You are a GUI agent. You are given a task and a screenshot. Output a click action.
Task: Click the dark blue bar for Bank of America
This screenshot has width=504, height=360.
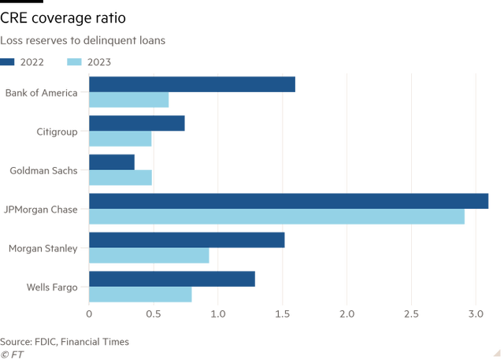coord(192,84)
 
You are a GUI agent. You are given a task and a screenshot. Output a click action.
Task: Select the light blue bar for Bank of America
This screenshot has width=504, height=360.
coord(129,100)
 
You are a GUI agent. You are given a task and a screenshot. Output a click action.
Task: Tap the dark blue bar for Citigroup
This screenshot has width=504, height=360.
coord(137,123)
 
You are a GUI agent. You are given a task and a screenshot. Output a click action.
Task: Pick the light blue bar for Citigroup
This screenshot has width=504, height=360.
coord(120,139)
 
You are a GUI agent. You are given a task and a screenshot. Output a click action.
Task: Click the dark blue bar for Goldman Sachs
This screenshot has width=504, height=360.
coord(112,161)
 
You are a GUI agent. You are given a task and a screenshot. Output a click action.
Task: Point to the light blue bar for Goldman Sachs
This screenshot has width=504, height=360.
coord(120,178)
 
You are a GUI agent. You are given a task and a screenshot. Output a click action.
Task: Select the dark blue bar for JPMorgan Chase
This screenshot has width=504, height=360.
coord(289,201)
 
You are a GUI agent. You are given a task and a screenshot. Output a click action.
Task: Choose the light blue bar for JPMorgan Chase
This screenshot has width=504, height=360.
coord(277,217)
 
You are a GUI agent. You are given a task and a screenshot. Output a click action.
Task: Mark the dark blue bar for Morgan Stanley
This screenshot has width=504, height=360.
coord(187,239)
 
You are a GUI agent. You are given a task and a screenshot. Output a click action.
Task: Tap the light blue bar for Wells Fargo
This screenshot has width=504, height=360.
coord(140,295)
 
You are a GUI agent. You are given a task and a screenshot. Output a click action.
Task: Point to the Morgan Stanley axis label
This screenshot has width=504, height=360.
coord(51,248)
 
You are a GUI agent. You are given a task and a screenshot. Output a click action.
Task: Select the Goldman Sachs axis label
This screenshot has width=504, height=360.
coord(53,170)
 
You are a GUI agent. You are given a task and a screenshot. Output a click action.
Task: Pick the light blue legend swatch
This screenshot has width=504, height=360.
coord(75,61)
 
